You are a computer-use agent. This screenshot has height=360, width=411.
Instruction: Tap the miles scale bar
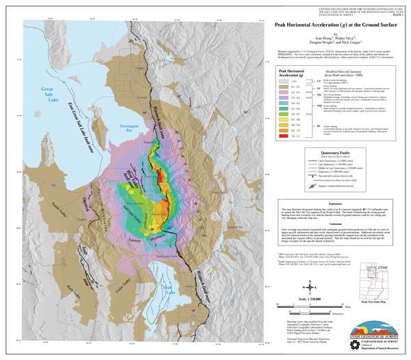point(329,307)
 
